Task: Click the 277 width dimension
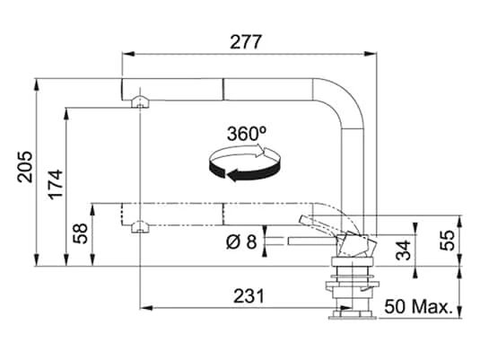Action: (246, 42)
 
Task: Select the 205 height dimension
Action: (25, 167)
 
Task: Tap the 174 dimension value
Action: (56, 185)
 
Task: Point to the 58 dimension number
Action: (81, 233)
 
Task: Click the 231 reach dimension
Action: (249, 296)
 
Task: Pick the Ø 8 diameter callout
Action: (241, 241)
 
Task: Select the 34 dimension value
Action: (403, 250)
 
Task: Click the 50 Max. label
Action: (418, 307)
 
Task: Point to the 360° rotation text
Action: (247, 134)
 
